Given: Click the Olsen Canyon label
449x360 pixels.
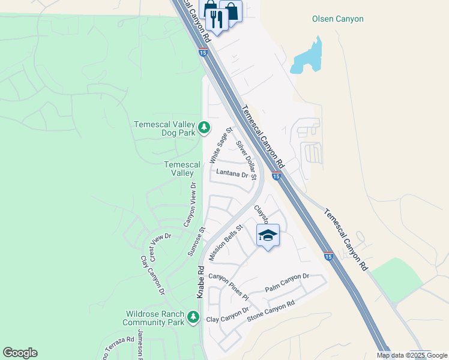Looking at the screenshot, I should [x=337, y=19].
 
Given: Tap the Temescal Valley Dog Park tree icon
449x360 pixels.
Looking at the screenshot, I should [x=204, y=127].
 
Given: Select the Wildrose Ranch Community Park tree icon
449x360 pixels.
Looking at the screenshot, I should [x=193, y=316].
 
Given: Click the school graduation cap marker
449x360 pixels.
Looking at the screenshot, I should [x=268, y=236].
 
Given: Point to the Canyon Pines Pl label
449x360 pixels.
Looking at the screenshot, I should [x=228, y=287].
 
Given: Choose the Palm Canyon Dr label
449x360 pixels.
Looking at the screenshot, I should [x=287, y=281].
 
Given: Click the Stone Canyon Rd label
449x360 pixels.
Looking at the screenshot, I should [x=272, y=311].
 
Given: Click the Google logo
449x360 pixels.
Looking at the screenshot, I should [x=20, y=353].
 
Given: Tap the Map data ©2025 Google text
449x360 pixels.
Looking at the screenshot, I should [x=412, y=355].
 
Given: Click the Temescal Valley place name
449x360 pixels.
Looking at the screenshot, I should [x=182, y=169].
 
